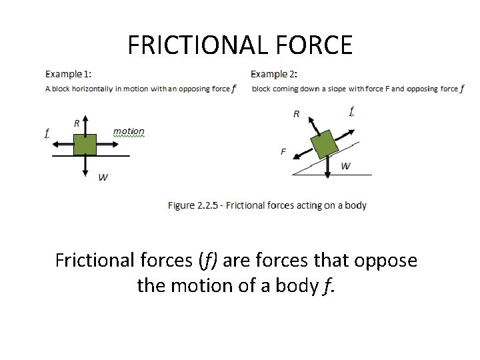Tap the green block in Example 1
pyautogui.click(x=85, y=145)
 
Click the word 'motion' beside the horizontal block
pyautogui.click(x=129, y=131)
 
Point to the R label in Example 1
pyautogui.click(x=77, y=123)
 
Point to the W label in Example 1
pyautogui.click(x=103, y=177)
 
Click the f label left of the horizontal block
pyautogui.click(x=46, y=133)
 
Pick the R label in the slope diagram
pyautogui.click(x=297, y=114)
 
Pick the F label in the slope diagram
pyautogui.click(x=283, y=151)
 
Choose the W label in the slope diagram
pyautogui.click(x=345, y=166)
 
